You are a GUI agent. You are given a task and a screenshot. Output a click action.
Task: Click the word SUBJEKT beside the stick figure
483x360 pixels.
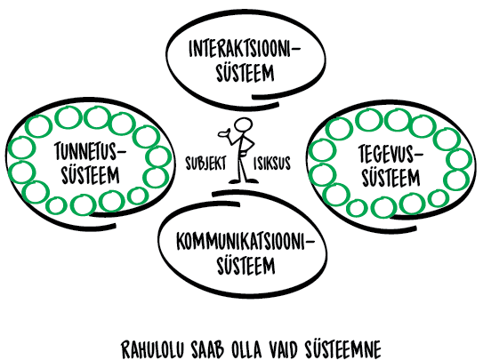click(205, 163)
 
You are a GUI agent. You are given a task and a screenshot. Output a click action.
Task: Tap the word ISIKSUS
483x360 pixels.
click(272, 163)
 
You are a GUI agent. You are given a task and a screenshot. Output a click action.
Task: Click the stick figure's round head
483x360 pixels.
click(243, 126)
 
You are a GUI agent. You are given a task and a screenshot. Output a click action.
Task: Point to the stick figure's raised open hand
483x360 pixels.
click(223, 133)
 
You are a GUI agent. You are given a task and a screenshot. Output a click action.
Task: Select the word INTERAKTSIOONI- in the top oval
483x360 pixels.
click(245, 49)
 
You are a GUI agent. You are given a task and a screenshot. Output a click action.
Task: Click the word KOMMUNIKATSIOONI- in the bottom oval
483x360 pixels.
click(246, 241)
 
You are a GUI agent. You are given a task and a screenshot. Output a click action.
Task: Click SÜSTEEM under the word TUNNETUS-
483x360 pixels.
click(90, 174)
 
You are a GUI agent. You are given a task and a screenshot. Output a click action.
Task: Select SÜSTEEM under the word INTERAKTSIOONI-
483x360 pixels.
click(246, 72)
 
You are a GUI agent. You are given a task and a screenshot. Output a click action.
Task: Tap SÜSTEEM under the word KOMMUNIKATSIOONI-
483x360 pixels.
click(246, 265)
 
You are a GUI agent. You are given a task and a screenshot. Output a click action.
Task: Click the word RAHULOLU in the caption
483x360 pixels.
click(152, 349)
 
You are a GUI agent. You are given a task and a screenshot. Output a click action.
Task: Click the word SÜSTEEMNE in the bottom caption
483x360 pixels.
click(343, 348)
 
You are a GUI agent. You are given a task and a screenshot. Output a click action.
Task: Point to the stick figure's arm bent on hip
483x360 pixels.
click(250, 144)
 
